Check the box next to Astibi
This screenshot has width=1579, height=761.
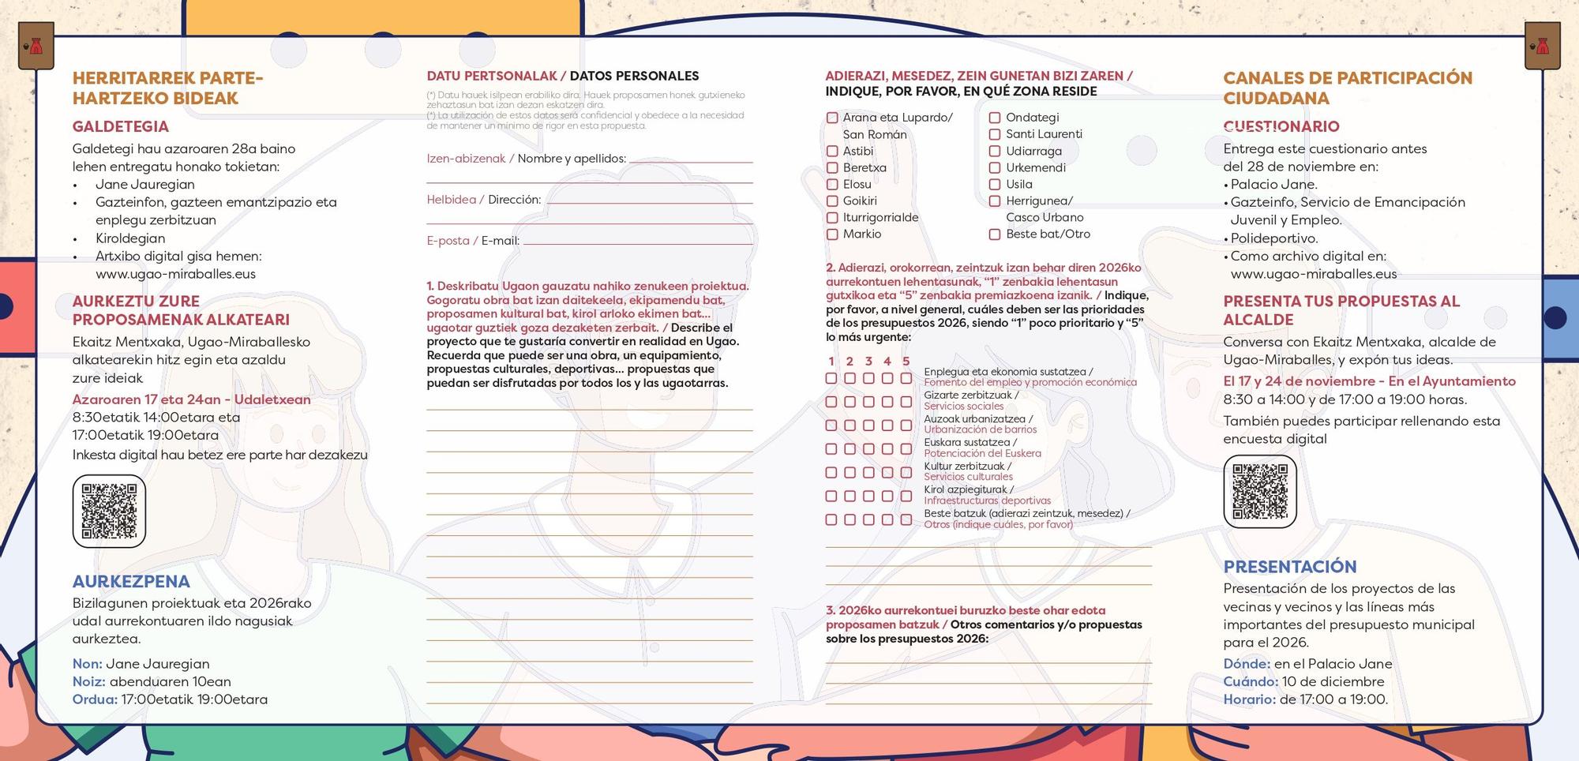coord(832,151)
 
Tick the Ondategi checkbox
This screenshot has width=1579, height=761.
coord(995,118)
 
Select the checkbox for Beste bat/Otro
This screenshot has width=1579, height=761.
coord(995,234)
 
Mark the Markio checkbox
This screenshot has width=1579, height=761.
coord(832,234)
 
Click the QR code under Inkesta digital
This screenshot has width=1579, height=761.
coord(109,511)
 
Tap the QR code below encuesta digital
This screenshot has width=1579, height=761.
coord(1260,491)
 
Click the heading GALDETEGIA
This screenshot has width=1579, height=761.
coord(121,126)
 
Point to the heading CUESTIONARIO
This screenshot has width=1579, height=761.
coord(1281,126)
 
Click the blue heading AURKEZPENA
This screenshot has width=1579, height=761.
coord(131,582)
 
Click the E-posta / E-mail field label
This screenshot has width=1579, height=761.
coord(473,241)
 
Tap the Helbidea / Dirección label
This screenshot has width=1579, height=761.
coord(484,200)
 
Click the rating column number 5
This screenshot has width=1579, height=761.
coord(906,362)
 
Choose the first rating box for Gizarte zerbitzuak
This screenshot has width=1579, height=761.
coord(831,402)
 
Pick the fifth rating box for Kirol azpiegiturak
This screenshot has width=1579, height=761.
coord(906,496)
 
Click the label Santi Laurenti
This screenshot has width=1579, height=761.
coord(1044,134)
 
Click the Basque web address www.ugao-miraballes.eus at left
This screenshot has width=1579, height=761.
coord(175,274)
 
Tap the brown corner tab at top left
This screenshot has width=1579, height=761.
coord(36,46)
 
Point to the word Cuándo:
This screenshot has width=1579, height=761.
coord(1251,681)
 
